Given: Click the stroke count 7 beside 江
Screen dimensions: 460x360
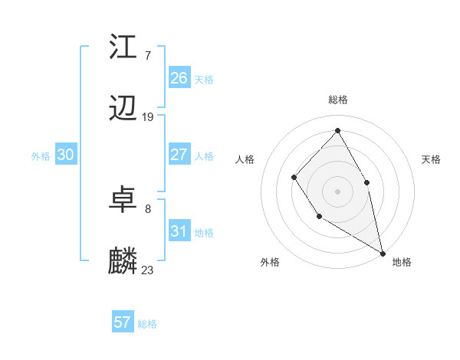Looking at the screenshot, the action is pos(147,55).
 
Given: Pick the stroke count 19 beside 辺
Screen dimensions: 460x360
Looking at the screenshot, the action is pos(148,117).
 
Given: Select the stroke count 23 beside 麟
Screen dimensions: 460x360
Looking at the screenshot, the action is pos(148,270).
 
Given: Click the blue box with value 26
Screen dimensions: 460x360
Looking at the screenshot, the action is pos(179,78).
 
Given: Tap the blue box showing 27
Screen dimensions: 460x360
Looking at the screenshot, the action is pos(179,155).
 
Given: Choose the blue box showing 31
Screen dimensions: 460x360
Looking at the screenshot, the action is pos(179,231).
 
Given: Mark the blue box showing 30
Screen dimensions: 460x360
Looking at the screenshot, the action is pos(66,155).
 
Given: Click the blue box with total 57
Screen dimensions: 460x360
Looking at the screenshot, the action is pos(123,322).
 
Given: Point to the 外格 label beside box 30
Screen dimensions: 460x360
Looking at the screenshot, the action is pos(41,156).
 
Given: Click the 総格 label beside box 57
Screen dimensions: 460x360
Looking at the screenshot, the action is pos(147,324).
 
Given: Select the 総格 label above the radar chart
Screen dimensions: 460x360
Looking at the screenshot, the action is pos(338,100).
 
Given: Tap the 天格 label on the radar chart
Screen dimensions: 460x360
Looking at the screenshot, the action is pos(432,159).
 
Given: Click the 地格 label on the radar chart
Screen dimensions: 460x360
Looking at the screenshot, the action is pos(402,262).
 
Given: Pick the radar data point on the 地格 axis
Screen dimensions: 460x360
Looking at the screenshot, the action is pos(383,253).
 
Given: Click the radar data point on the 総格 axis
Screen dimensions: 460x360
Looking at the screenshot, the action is pos(337,130).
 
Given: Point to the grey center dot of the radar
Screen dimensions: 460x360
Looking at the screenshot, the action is pos(337,191).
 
